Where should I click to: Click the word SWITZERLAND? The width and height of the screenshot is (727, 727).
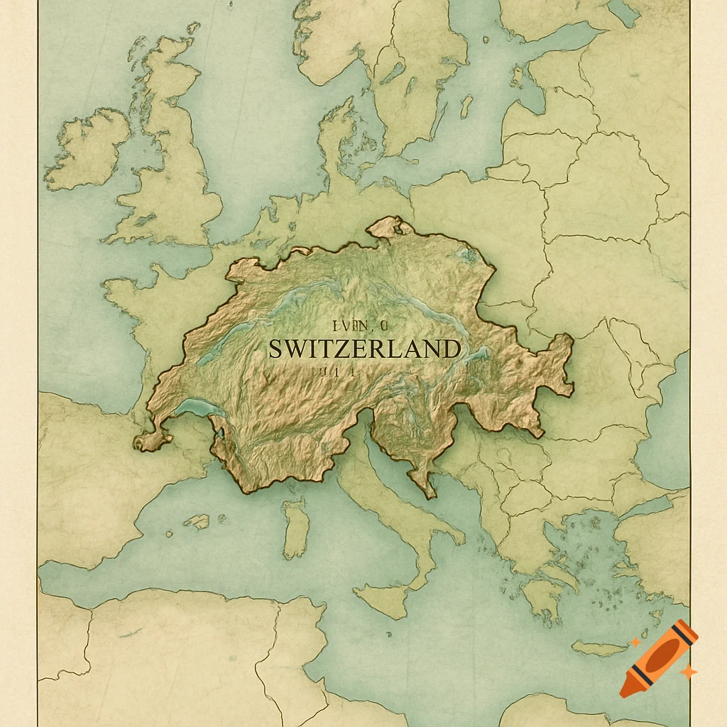[364, 349]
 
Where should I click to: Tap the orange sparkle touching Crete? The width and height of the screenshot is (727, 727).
[635, 643]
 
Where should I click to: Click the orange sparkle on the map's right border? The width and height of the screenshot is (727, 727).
[687, 670]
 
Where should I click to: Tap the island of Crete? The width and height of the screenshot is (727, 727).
[600, 648]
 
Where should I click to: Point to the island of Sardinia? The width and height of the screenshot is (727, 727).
[296, 529]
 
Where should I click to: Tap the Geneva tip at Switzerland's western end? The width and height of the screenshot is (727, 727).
[149, 442]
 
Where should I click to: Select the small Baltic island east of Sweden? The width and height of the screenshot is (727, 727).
[466, 106]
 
